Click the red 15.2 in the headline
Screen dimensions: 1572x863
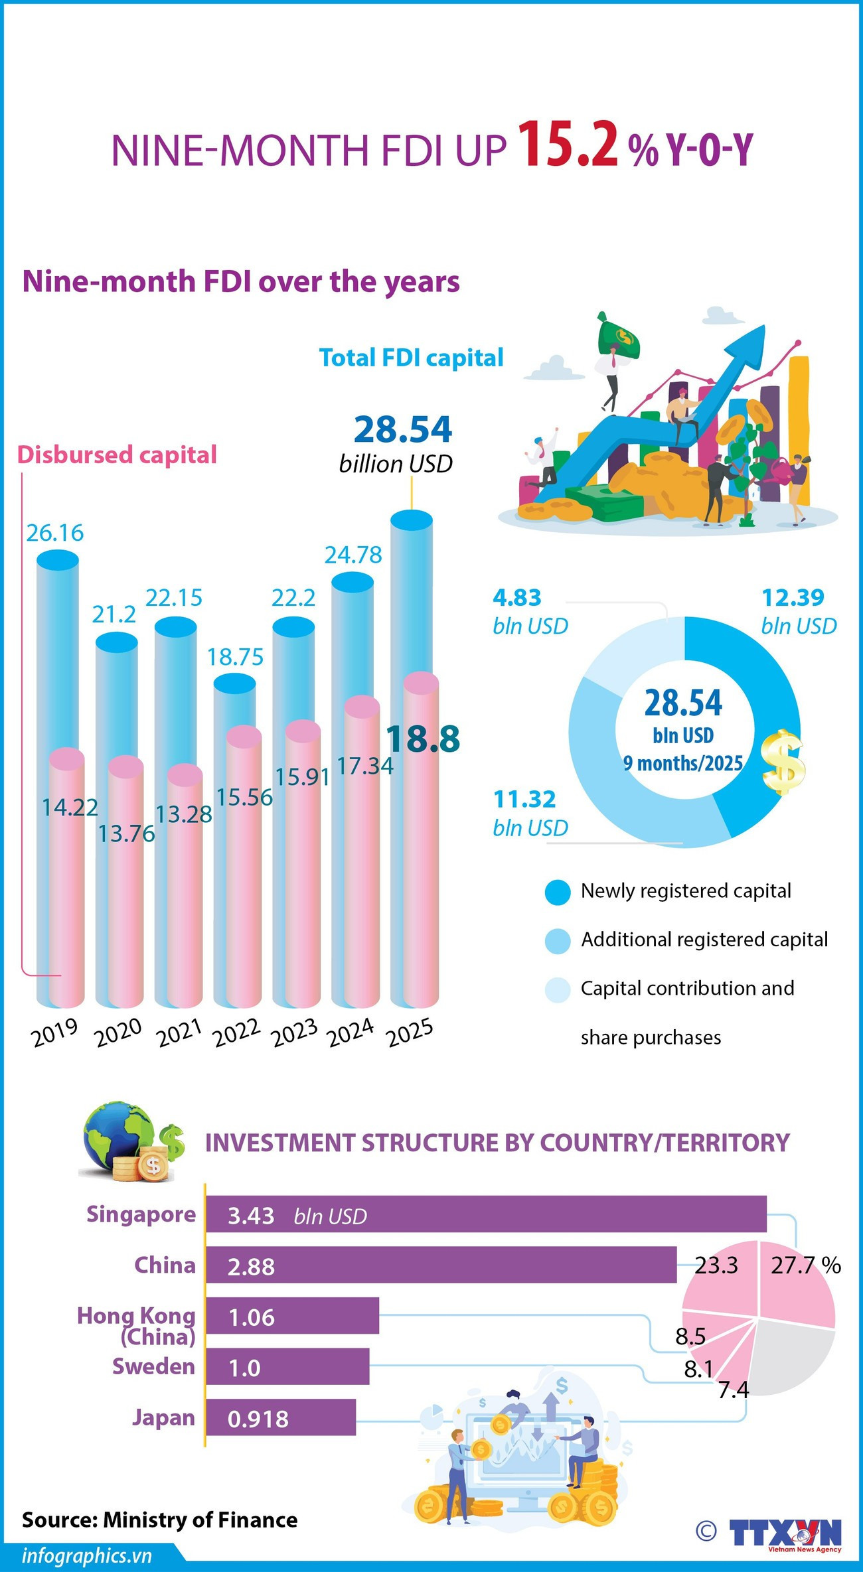coord(568,144)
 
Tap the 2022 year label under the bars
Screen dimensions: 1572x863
coord(236,1033)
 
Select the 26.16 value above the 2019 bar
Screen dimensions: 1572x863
coord(55,533)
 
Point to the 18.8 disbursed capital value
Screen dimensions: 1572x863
coord(423,739)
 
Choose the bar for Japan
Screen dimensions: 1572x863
coord(281,1418)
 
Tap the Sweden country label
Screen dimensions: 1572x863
coord(153,1366)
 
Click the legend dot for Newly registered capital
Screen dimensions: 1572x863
coord(558,892)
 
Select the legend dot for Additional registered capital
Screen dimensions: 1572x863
coord(558,941)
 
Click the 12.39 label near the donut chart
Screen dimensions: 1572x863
coord(793,598)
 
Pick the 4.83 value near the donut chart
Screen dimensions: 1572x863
coord(517,598)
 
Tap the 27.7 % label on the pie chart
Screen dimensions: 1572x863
coord(805,1265)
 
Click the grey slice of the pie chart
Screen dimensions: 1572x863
coord(797,1354)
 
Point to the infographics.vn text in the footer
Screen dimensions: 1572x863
coord(86,1556)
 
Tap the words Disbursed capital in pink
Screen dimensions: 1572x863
coord(117,455)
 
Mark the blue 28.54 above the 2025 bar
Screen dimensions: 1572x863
coord(402,429)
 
